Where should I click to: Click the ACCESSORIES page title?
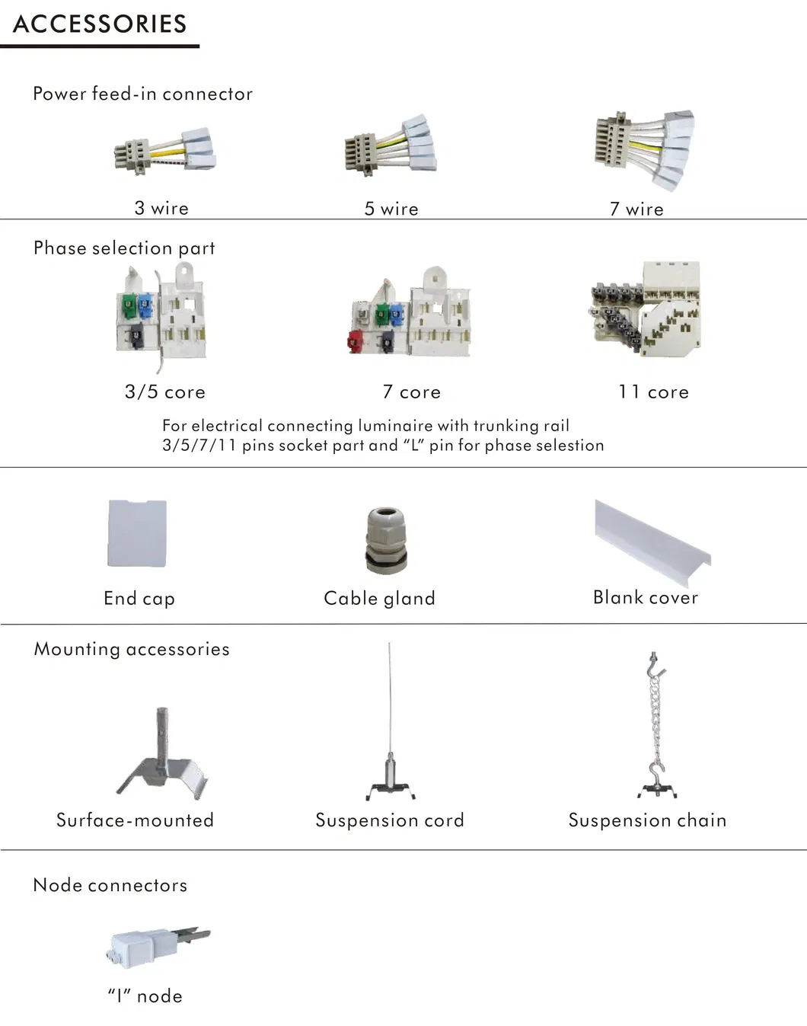100,24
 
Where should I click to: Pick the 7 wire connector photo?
644,149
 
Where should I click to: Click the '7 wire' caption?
636,209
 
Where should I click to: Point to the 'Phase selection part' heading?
124,248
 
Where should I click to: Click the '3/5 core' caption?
165,392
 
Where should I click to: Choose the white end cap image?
137,533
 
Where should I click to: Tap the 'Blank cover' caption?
645,598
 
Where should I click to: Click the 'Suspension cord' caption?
389,820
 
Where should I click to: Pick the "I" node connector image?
156,945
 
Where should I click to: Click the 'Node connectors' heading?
110,885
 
